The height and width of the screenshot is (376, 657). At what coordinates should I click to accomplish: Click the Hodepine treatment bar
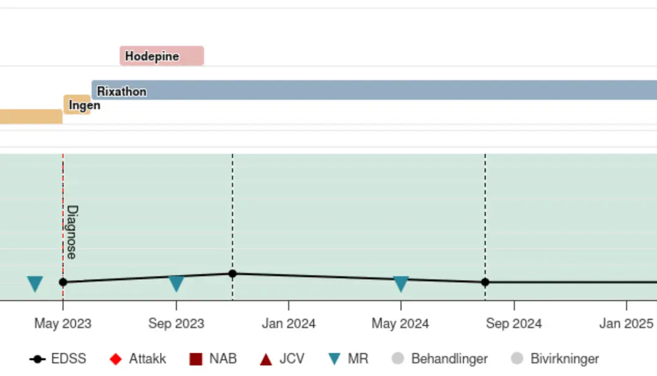(x=161, y=56)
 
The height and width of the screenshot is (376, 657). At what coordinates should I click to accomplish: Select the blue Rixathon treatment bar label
(x=122, y=91)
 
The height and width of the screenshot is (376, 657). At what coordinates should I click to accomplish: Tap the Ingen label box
(x=78, y=105)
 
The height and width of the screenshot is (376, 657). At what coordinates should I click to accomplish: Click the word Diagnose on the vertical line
(x=72, y=232)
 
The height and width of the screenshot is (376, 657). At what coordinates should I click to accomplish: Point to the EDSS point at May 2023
(x=63, y=282)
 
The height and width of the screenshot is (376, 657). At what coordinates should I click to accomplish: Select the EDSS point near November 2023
(x=232, y=274)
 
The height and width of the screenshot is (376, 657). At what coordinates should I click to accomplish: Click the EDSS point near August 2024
(x=485, y=282)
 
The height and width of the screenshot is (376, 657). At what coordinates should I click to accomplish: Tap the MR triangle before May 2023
(x=35, y=284)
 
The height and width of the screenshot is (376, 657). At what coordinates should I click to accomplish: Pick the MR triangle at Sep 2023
(x=177, y=284)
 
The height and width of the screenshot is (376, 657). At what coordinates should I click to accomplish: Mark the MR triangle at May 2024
(x=401, y=284)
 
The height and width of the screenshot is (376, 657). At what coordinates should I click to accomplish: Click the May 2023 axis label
(x=63, y=323)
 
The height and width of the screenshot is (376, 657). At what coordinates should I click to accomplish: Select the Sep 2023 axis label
(x=176, y=323)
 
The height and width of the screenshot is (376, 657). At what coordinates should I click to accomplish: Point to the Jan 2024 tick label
(x=289, y=323)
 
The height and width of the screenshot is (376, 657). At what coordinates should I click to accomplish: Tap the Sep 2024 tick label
(x=514, y=323)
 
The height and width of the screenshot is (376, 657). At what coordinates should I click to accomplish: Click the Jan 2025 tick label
(x=626, y=323)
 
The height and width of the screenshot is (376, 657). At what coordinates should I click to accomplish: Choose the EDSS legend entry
(x=59, y=359)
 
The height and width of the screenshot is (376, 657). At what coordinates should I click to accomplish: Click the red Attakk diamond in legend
(x=116, y=359)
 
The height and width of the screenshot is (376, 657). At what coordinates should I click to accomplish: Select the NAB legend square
(x=196, y=359)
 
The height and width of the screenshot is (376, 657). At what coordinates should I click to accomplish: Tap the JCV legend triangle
(x=266, y=359)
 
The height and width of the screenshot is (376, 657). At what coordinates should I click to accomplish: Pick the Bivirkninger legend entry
(x=555, y=359)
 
